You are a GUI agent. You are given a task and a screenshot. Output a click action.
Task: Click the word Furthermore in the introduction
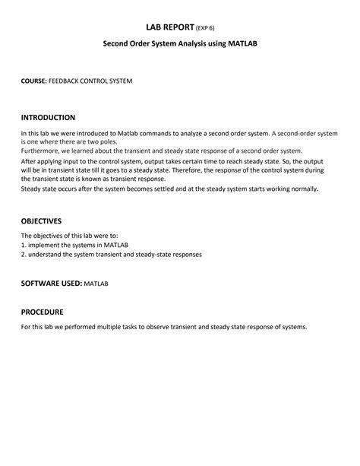tap(41, 151)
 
